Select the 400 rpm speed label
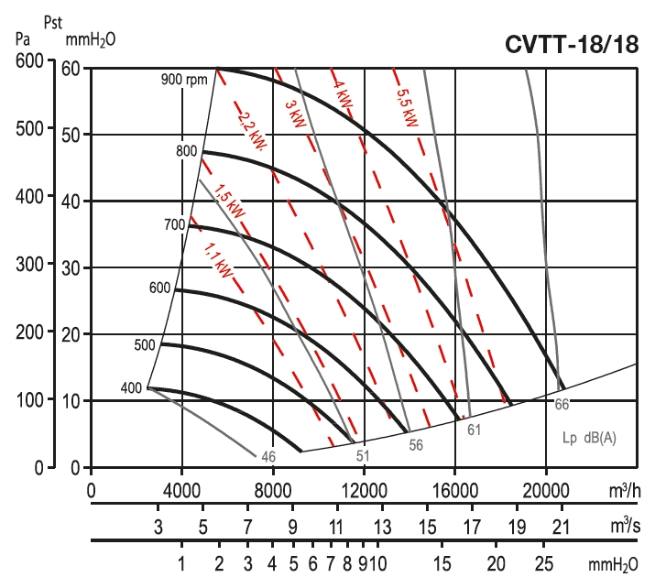[131, 388]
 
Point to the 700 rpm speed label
[174, 224]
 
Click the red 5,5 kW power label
[406, 106]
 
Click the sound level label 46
[268, 455]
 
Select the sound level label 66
[562, 403]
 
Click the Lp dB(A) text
[590, 437]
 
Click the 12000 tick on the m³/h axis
[364, 490]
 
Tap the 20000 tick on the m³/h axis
[546, 490]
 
